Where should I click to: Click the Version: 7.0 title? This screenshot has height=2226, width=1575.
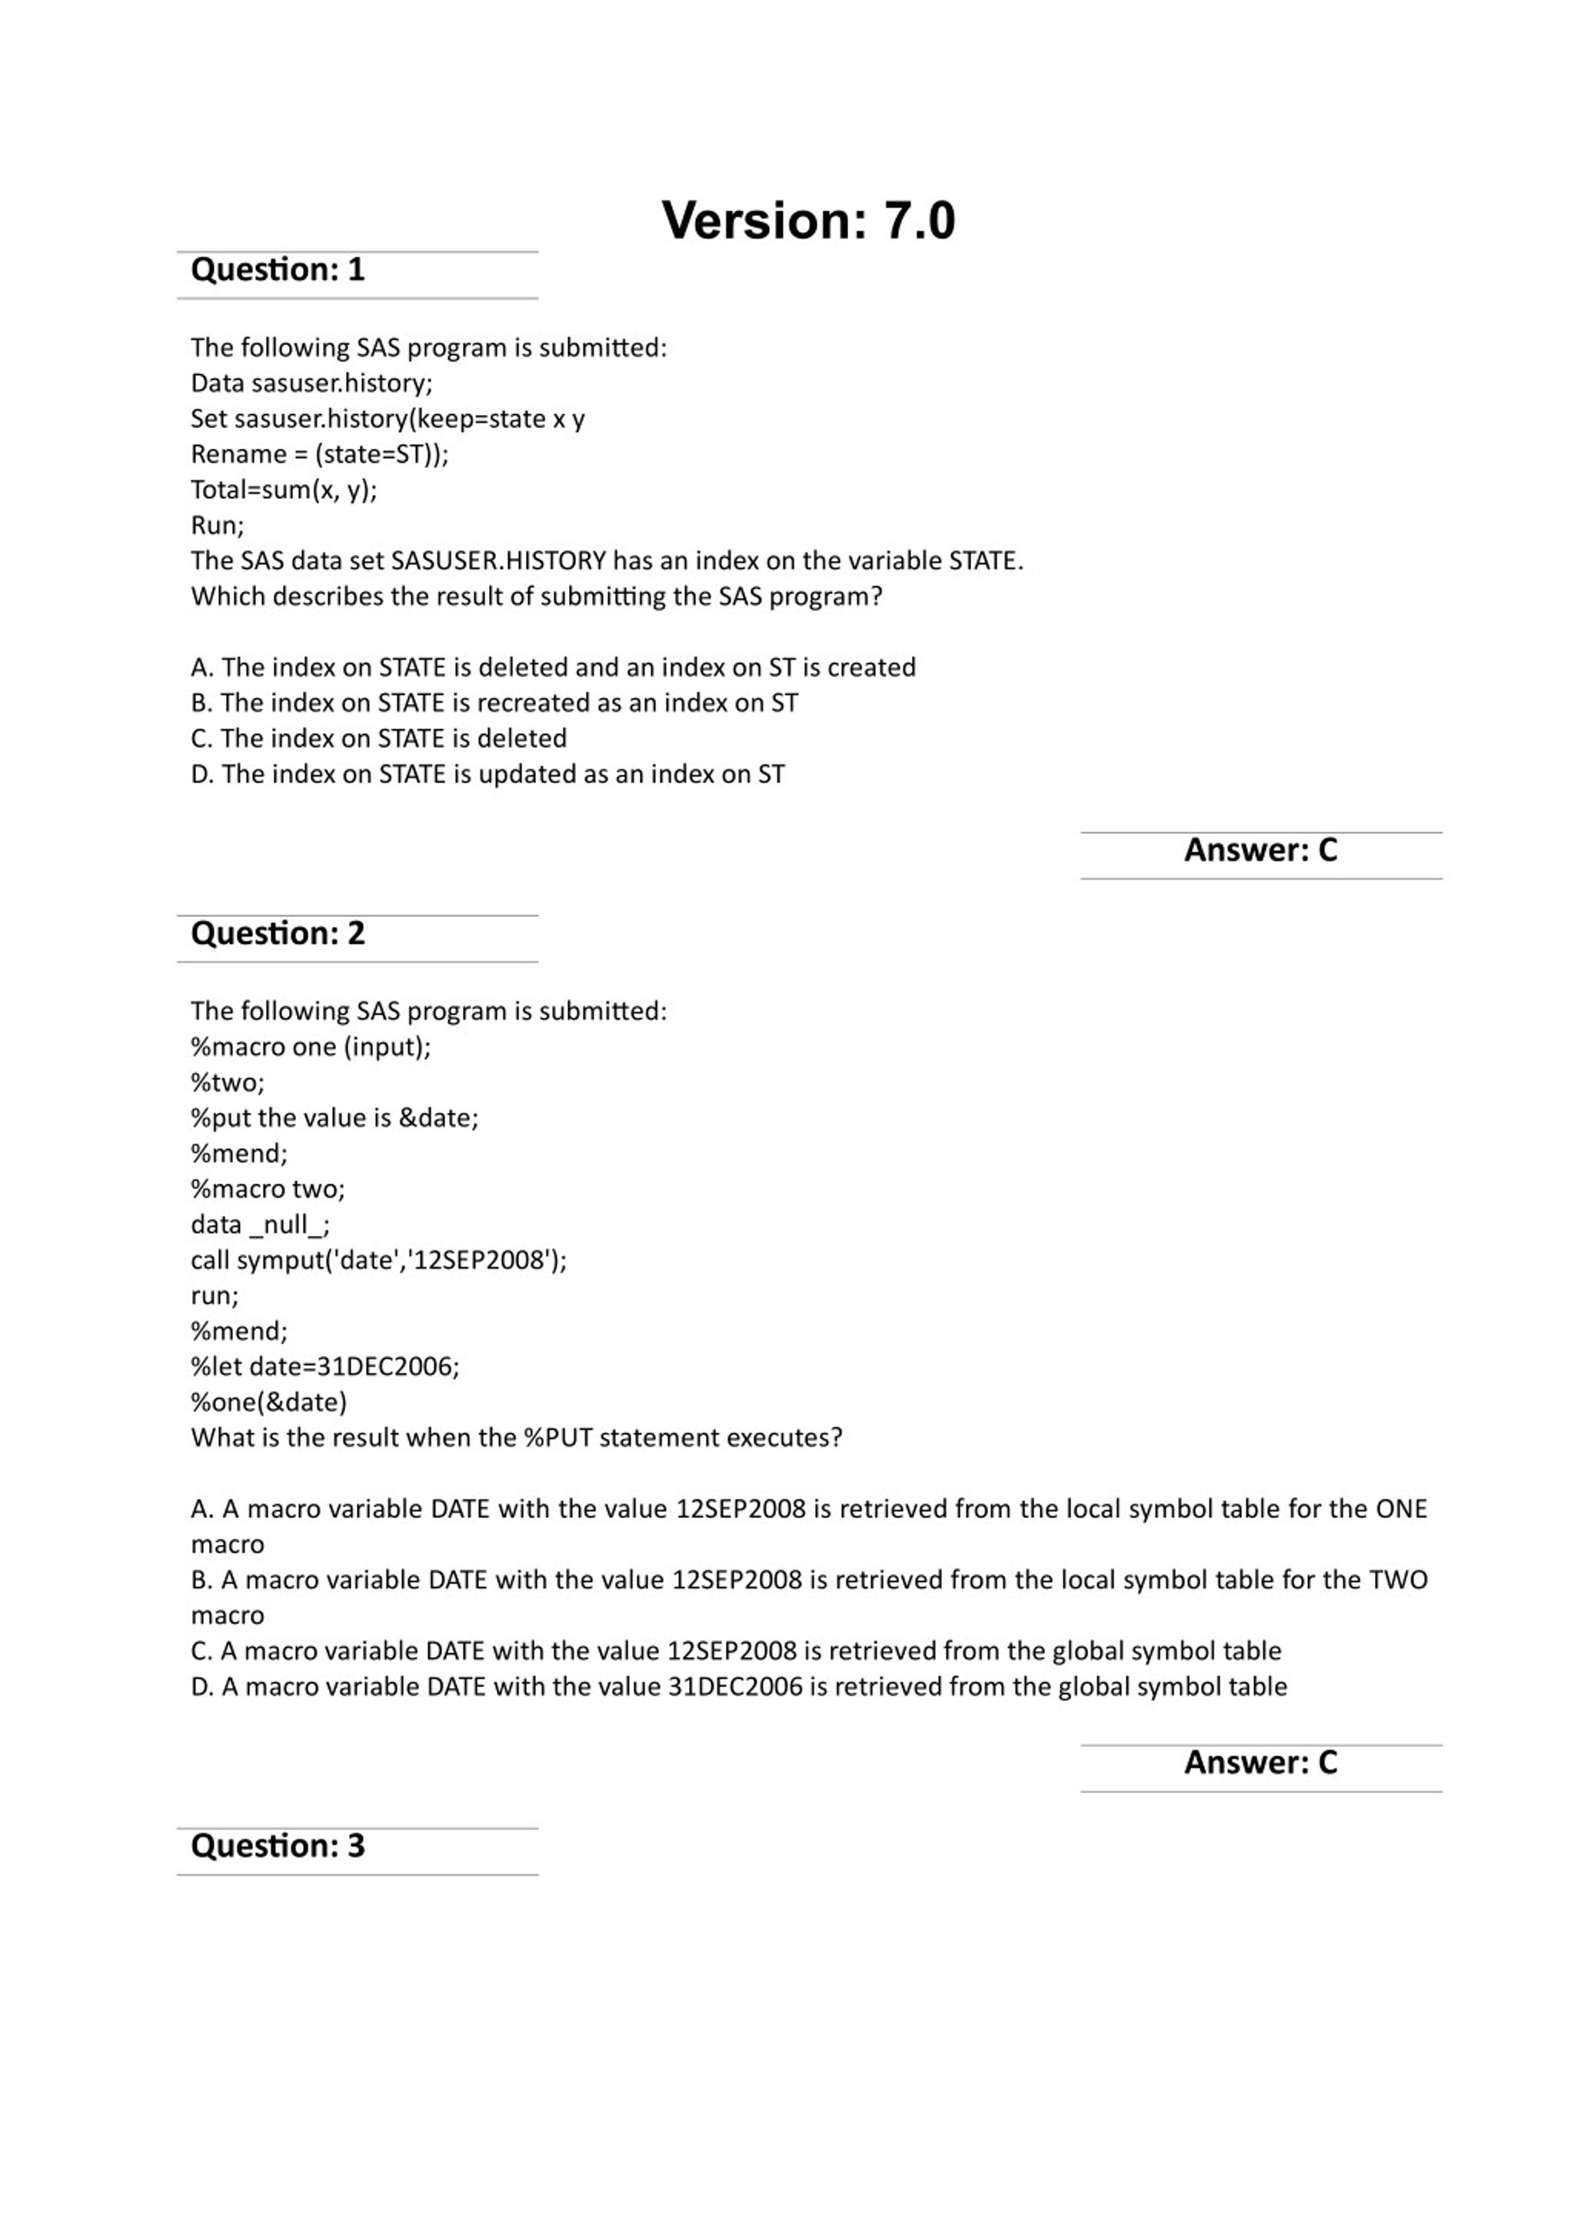click(808, 220)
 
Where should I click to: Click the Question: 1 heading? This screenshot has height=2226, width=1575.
click(277, 269)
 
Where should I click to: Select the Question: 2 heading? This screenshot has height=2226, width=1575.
click(277, 933)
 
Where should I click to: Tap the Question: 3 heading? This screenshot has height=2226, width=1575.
click(277, 1845)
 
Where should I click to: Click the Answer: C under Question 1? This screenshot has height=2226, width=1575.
click(1260, 850)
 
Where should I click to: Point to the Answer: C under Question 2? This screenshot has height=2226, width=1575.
click(1260, 1762)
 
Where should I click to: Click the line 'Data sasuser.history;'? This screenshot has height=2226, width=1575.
click(311, 383)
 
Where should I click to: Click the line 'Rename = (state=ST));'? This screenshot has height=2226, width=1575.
click(319, 454)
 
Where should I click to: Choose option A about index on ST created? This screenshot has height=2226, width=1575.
click(553, 667)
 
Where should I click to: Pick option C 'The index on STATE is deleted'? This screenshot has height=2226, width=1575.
click(378, 738)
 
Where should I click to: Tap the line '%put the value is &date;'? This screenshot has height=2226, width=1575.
click(335, 1118)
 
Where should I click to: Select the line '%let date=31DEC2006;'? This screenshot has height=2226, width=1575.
click(325, 1366)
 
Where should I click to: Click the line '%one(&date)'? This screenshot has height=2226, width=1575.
click(269, 1402)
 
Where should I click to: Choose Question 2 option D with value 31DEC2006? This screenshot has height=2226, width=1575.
click(738, 1686)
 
